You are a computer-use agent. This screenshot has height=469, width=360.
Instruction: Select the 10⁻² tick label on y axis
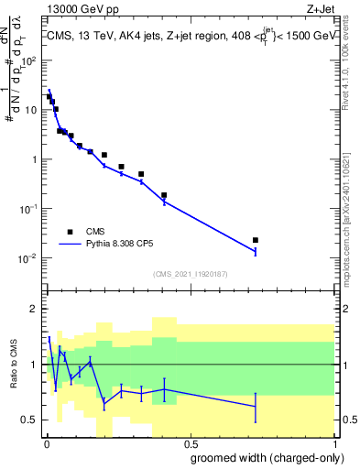tap(27, 258)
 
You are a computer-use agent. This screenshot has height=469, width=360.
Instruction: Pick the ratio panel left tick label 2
tap(33, 309)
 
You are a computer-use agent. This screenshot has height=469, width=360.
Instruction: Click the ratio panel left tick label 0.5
tap(29, 420)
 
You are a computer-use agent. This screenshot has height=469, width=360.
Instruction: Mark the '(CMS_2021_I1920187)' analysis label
tap(189, 274)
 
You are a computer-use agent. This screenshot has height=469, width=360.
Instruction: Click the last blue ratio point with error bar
tap(256, 406)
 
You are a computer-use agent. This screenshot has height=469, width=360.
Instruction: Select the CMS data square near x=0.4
tap(164, 195)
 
